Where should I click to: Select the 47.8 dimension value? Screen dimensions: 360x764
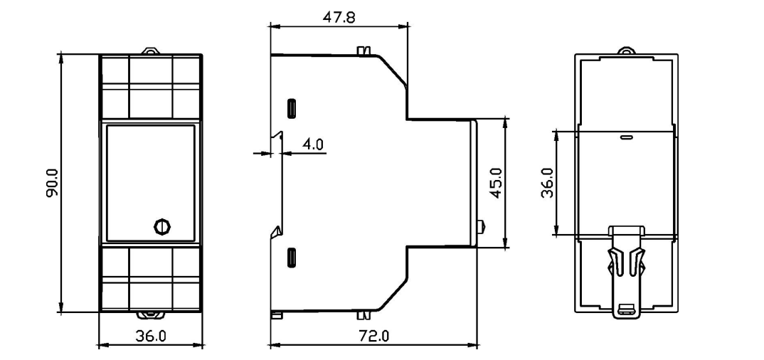click(x=339, y=17)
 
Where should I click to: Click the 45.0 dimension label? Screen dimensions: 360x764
click(x=497, y=183)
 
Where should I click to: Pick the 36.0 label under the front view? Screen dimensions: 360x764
click(x=151, y=336)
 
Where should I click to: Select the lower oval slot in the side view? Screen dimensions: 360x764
click(x=292, y=257)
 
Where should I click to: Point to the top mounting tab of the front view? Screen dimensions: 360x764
click(x=151, y=51)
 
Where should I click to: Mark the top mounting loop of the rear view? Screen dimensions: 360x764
click(x=626, y=51)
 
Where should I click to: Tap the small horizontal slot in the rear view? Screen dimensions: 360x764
click(x=626, y=137)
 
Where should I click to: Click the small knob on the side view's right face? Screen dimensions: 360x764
click(x=482, y=228)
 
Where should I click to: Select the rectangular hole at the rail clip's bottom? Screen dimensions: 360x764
click(x=626, y=309)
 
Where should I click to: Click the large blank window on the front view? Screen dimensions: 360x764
click(x=150, y=181)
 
